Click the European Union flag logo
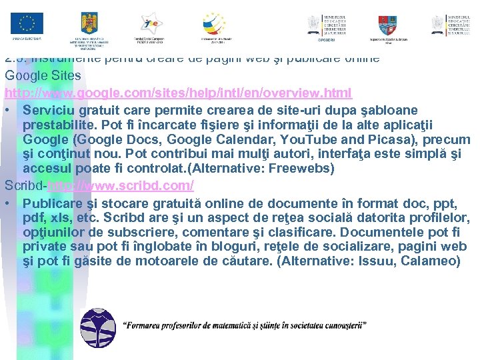click(27, 25)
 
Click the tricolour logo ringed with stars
click(214, 24)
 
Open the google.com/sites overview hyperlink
click(179, 92)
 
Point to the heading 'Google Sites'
click(43, 75)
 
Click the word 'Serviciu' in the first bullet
click(47, 109)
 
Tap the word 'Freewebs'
click(301, 169)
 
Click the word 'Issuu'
click(376, 261)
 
